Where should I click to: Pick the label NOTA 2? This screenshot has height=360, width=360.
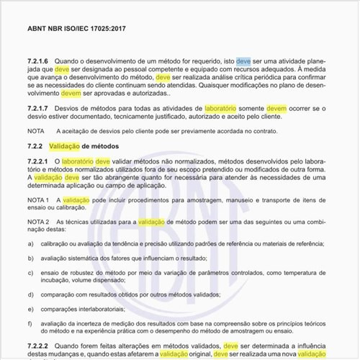pos(38,222)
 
